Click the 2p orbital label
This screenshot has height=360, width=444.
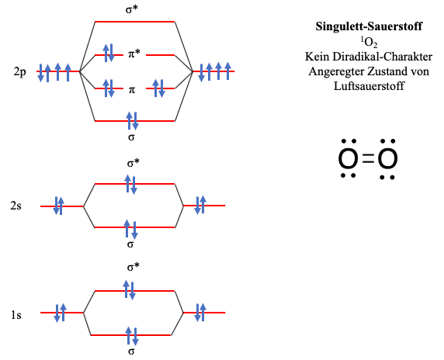pos(20,72)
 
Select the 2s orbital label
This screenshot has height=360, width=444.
pos(16,206)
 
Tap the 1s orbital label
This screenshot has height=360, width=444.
pos(16,315)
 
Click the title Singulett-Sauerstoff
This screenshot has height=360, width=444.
pos(369,26)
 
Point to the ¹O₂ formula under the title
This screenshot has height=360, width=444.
pos(369,43)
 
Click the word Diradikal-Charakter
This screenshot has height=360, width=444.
pos(382,57)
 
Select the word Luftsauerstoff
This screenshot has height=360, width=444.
pos(369,86)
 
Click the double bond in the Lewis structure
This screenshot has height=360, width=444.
pos(368,158)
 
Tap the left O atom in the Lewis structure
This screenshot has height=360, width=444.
pos(348,158)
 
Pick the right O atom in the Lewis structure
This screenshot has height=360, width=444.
pos(387,158)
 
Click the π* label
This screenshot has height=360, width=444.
pos(134,54)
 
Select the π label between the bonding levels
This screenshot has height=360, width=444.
pos(132,90)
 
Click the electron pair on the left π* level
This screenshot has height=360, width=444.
pos(109,53)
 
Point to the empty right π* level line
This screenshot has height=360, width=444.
pos(160,55)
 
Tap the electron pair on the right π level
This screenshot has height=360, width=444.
pos(158,88)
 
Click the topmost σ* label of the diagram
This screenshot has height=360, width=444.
pos(132,9)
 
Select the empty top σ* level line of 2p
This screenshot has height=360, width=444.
pos(135,22)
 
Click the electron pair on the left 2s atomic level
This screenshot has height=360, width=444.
pos(59,206)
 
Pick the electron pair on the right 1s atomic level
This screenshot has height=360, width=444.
pos(200,313)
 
